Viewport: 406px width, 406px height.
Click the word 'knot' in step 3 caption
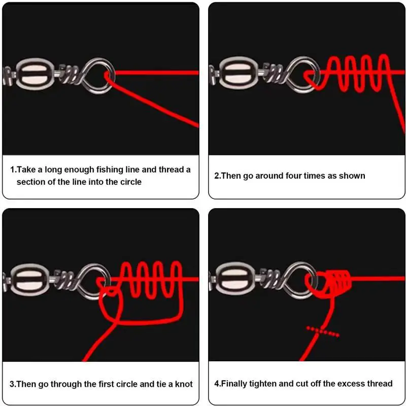point(184,384)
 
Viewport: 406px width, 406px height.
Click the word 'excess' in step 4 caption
point(346,384)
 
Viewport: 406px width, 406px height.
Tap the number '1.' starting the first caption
point(14,170)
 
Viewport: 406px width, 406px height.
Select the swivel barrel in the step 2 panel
point(238,73)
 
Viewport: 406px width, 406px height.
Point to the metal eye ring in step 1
point(99,76)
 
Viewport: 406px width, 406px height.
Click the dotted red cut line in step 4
point(323,331)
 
